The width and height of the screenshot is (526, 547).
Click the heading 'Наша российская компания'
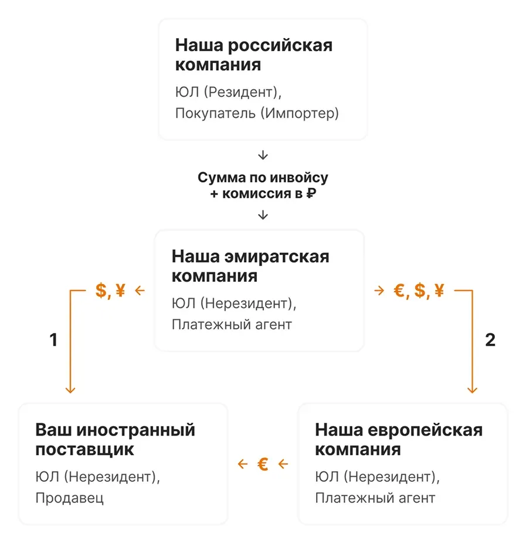[x=254, y=55]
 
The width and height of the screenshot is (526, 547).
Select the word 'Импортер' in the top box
[x=300, y=113]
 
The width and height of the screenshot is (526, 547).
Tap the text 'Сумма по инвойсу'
[x=263, y=178]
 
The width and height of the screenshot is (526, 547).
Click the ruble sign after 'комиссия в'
[x=311, y=193]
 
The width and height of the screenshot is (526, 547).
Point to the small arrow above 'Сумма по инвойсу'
[x=263, y=156]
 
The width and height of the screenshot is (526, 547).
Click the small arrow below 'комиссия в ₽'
[x=263, y=215]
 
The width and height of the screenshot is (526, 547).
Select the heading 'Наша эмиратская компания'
[x=250, y=266]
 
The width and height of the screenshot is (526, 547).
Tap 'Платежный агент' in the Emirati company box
[x=232, y=325]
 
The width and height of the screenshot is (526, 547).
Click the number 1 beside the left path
[x=53, y=340]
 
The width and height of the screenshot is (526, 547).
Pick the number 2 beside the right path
[x=490, y=340]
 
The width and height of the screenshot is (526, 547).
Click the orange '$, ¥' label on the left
[x=110, y=291]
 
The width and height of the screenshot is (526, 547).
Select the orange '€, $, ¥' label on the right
[x=419, y=291]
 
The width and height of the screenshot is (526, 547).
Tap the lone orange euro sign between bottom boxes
[x=263, y=464]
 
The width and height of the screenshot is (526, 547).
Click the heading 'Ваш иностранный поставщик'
[x=115, y=440]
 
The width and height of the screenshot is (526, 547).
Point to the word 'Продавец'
[x=69, y=498]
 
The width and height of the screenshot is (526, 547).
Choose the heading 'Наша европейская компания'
[x=399, y=440]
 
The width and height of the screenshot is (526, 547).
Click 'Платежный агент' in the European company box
[x=375, y=498]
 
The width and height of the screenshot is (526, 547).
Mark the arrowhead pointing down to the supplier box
[x=70, y=390]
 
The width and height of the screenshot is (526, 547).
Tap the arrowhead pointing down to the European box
[x=472, y=390]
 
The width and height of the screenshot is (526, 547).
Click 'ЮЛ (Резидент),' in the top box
[x=228, y=93]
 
